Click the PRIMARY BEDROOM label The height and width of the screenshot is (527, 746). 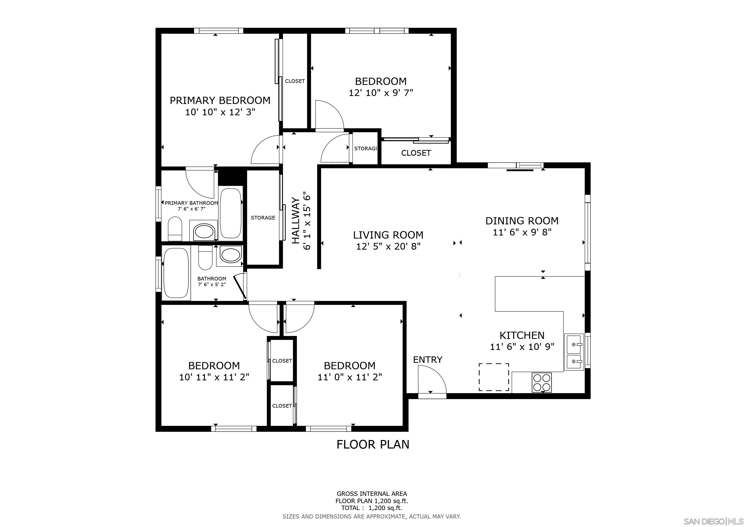pyautogui.click(x=220, y=101)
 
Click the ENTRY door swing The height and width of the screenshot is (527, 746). pyautogui.click(x=431, y=380)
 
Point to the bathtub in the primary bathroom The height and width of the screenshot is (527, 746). pyautogui.click(x=231, y=213)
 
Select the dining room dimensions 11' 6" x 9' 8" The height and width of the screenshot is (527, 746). pyautogui.click(x=522, y=232)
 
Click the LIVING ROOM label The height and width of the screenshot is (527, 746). pyautogui.click(x=388, y=235)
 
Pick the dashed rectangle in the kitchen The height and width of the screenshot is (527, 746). pyautogui.click(x=494, y=377)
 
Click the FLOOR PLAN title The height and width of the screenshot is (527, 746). pyautogui.click(x=373, y=444)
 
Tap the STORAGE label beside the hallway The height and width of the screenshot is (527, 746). pyautogui.click(x=263, y=218)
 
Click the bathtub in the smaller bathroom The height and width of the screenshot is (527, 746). pyautogui.click(x=176, y=273)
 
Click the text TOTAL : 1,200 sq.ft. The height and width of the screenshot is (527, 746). pyautogui.click(x=371, y=508)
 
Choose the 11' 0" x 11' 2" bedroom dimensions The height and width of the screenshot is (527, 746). pyautogui.click(x=350, y=377)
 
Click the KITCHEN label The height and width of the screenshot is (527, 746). pyautogui.click(x=522, y=335)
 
